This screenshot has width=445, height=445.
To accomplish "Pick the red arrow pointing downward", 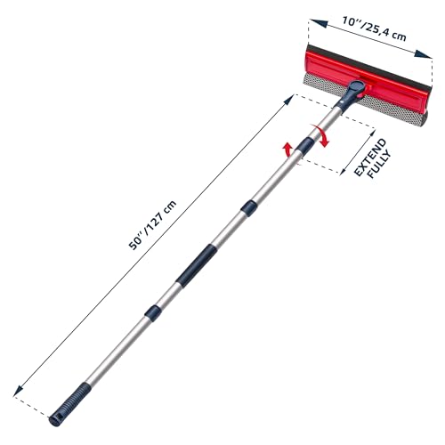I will click(324, 137).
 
